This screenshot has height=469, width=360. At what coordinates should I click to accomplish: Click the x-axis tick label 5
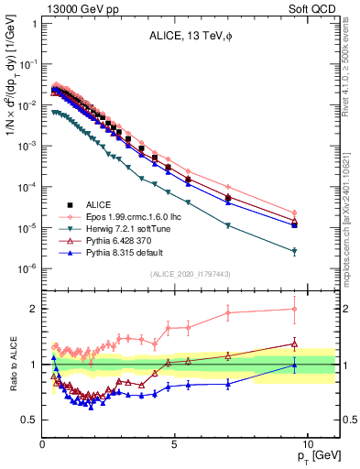tap(174, 443)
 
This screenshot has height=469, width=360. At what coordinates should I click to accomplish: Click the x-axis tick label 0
tap(42, 443)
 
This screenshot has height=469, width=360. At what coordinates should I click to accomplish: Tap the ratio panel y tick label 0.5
tap(30, 420)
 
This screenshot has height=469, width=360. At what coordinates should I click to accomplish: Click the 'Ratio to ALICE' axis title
tap(12, 365)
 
